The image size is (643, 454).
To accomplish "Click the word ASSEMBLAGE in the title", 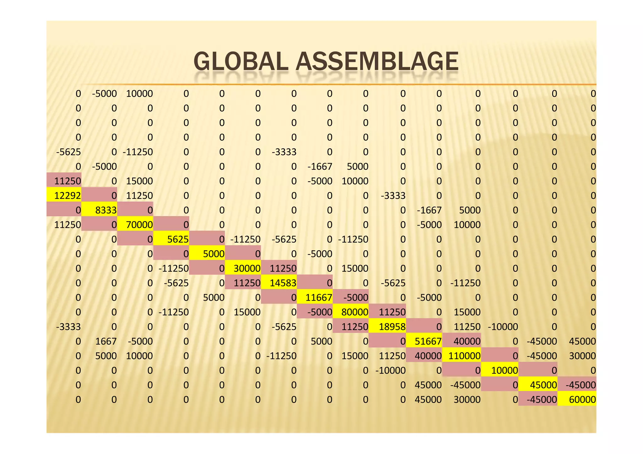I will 377,61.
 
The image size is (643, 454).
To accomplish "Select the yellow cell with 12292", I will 64,195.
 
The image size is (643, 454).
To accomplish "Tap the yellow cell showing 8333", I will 100,210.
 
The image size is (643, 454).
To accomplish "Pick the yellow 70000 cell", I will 136,224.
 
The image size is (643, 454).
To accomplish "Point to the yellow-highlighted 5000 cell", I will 208,254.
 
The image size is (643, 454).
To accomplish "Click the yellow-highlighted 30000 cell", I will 243,268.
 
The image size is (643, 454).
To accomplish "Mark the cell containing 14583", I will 279,283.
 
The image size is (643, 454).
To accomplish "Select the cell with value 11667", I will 315,297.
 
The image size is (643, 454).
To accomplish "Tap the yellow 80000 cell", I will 351,312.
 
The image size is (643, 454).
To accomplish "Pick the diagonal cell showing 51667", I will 424,341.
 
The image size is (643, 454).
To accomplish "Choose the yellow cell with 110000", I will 462,356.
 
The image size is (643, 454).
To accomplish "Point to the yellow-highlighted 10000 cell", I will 500,370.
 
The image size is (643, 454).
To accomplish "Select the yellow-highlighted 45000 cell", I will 538,385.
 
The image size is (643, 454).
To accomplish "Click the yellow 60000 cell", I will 577,399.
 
